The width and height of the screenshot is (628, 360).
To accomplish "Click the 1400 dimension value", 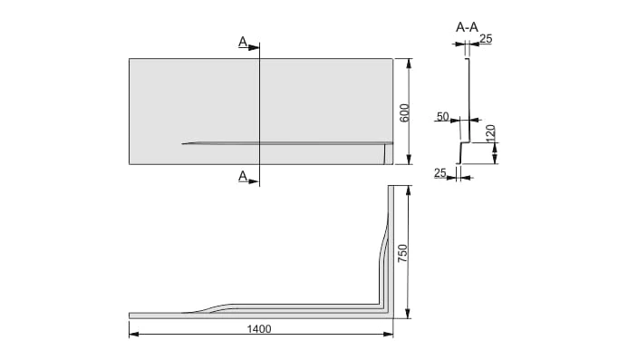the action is tap(259, 329).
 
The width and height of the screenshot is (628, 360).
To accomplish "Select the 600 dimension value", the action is tap(404, 113).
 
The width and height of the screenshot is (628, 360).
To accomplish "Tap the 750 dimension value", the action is tap(402, 253).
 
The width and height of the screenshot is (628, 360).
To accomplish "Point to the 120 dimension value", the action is tap(490, 132).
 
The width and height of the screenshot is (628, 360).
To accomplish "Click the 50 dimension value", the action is tap(442, 117).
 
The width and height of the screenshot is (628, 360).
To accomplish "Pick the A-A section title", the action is tap(467, 27).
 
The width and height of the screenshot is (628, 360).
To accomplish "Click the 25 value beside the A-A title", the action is tap(486, 38).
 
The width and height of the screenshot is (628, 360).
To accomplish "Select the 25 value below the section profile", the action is tap(440, 173).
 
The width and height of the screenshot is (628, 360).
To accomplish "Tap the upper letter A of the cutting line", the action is tap(243, 42).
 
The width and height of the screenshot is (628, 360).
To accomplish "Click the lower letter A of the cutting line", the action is tap(243, 176).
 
